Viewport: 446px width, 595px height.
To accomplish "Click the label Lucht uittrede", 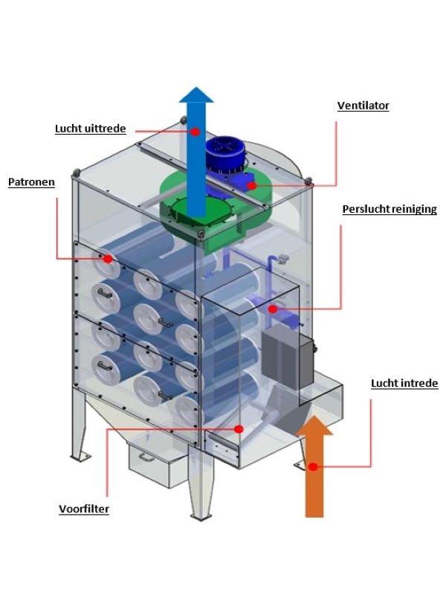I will (x=90, y=128).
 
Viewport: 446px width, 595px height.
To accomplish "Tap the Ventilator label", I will (x=362, y=106).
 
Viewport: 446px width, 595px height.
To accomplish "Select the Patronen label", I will (x=31, y=181).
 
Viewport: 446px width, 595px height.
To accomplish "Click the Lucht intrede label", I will (x=404, y=384).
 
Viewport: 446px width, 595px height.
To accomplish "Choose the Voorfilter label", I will (x=84, y=509).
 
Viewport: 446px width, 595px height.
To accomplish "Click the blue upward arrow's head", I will (x=196, y=94).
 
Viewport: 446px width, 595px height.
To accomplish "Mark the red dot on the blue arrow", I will (x=195, y=131).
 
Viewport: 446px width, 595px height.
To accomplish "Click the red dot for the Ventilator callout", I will (x=251, y=185).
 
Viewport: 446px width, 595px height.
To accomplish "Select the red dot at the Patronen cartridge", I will (x=108, y=259).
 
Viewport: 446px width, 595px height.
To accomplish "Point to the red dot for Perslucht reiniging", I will (x=273, y=308).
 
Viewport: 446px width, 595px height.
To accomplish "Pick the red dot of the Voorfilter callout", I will (x=239, y=428).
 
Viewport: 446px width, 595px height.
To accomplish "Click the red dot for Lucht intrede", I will (x=314, y=467).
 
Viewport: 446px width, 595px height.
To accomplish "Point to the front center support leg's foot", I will (x=201, y=513).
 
